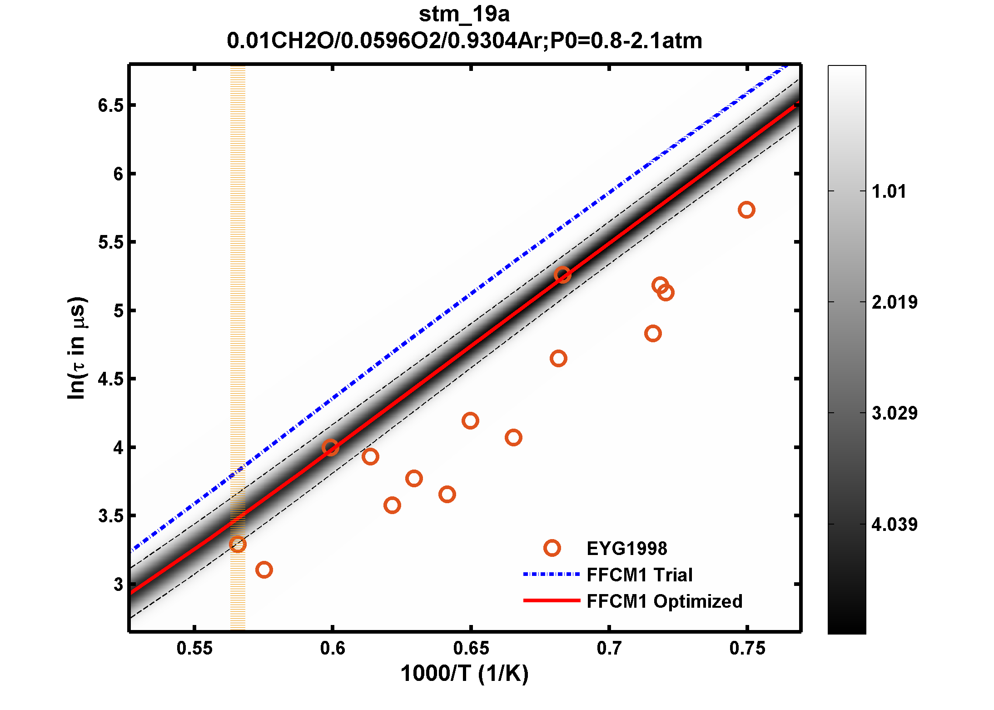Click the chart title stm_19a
pyautogui.click(x=464, y=15)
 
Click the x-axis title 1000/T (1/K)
pyautogui.click(x=464, y=674)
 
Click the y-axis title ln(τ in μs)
pyautogui.click(x=76, y=348)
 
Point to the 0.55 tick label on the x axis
pyautogui.click(x=194, y=648)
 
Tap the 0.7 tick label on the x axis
pyautogui.click(x=609, y=648)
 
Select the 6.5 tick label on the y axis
pyautogui.click(x=111, y=105)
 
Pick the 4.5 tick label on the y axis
pyautogui.click(x=111, y=379)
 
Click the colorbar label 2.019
pyautogui.click(x=894, y=302)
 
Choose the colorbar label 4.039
pyautogui.click(x=894, y=525)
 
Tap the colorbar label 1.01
pyautogui.click(x=889, y=191)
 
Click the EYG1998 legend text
pyautogui.click(x=627, y=549)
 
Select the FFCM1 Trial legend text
pyautogui.click(x=639, y=575)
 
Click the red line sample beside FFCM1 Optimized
pyautogui.click(x=552, y=600)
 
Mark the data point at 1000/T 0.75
pyautogui.click(x=746, y=210)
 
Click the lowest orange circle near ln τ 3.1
pyautogui.click(x=264, y=570)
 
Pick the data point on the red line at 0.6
pyautogui.click(x=330, y=448)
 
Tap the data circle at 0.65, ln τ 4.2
pyautogui.click(x=470, y=420)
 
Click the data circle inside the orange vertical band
pyautogui.click(x=238, y=544)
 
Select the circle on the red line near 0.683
pyautogui.click(x=562, y=275)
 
